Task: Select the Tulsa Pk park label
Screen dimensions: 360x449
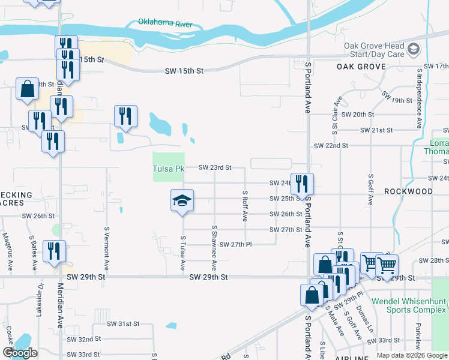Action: pyautogui.click(x=168, y=169)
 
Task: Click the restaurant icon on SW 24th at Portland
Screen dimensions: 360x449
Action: pyautogui.click(x=302, y=183)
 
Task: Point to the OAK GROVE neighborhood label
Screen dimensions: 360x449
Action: pyautogui.click(x=361, y=66)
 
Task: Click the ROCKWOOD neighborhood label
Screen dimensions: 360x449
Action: pyautogui.click(x=408, y=191)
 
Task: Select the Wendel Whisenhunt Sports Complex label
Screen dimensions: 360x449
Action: pyautogui.click(x=409, y=305)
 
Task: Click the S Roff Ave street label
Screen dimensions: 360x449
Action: pyautogui.click(x=245, y=206)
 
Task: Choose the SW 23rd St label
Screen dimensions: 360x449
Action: pyautogui.click(x=215, y=167)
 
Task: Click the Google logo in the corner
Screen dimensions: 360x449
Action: pyautogui.click(x=20, y=353)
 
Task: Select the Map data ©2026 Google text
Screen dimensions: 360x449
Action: pyautogui.click(x=412, y=355)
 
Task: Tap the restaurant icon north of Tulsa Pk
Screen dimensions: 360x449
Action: pyautogui.click(x=126, y=115)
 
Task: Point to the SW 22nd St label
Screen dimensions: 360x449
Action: pyautogui.click(x=331, y=145)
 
